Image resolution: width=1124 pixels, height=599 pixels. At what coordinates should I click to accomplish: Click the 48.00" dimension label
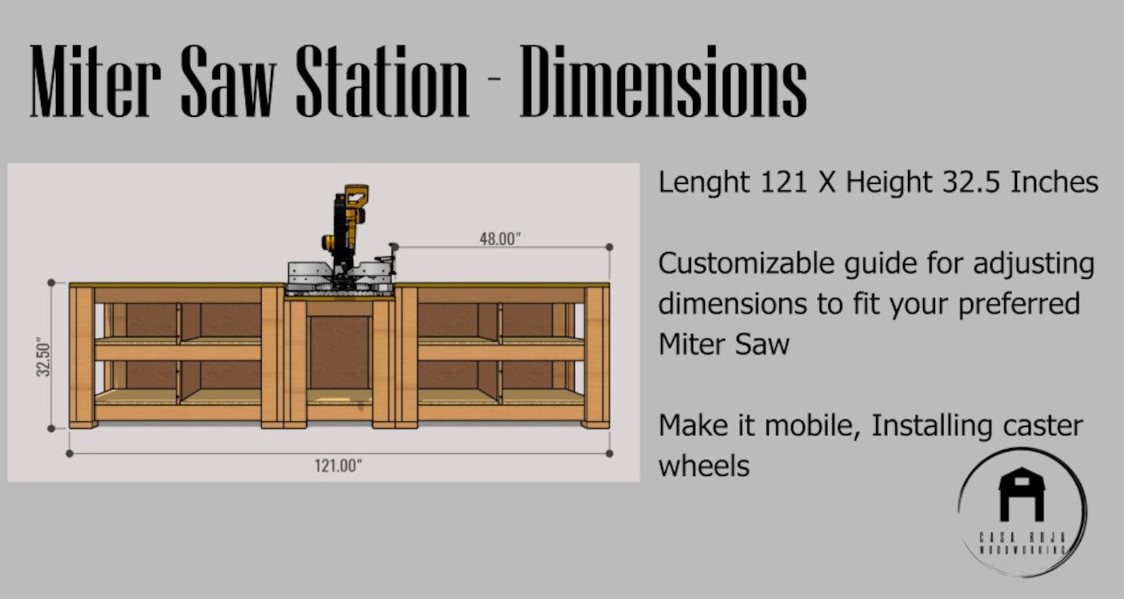tap(500, 239)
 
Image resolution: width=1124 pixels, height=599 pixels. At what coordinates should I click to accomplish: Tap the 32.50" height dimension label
tap(44, 357)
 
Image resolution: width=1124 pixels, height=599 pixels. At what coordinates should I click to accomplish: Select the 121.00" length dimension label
tap(338, 465)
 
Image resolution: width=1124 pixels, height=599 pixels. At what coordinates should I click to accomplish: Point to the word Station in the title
tap(382, 81)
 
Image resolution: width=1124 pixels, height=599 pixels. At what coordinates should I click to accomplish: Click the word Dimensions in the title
tap(663, 81)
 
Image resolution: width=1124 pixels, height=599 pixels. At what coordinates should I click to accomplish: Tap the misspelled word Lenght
tap(704, 183)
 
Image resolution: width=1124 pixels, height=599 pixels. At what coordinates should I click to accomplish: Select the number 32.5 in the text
tap(970, 182)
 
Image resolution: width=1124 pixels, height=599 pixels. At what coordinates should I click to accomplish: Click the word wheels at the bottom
tap(704, 466)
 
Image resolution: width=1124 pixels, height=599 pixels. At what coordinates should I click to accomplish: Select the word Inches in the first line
tap(1054, 182)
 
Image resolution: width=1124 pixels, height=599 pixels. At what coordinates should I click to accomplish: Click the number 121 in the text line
tap(784, 182)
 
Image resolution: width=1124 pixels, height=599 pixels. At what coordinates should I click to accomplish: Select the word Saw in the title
tap(228, 81)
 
